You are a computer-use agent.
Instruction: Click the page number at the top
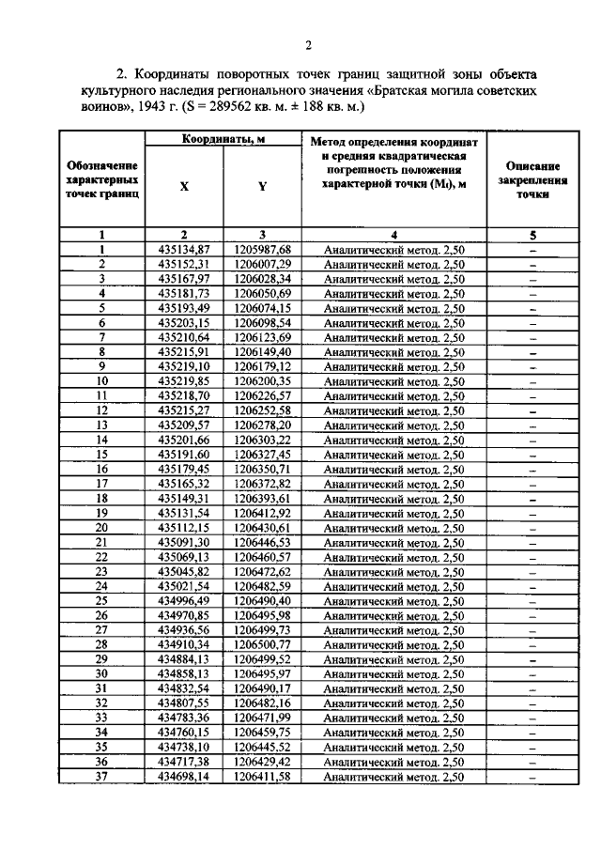point(307,45)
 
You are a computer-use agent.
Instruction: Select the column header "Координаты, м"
point(223,139)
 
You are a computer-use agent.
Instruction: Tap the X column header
point(184,186)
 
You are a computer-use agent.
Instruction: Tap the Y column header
point(263,186)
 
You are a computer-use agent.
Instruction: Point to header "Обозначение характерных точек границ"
point(102,178)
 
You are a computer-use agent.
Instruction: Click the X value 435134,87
point(184,250)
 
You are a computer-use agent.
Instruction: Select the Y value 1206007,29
point(263,265)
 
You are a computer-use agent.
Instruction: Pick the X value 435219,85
point(184,381)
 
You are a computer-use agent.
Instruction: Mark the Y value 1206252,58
point(263,410)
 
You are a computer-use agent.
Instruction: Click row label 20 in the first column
point(102,527)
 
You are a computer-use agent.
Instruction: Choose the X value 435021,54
point(184,586)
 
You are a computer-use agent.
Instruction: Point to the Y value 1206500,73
point(263,644)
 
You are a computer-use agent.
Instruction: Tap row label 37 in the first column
point(102,777)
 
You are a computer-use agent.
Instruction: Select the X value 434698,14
point(184,777)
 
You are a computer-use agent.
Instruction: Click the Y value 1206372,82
point(263,484)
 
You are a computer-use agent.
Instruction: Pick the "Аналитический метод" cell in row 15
point(393,455)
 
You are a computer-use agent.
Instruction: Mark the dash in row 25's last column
point(532,601)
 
